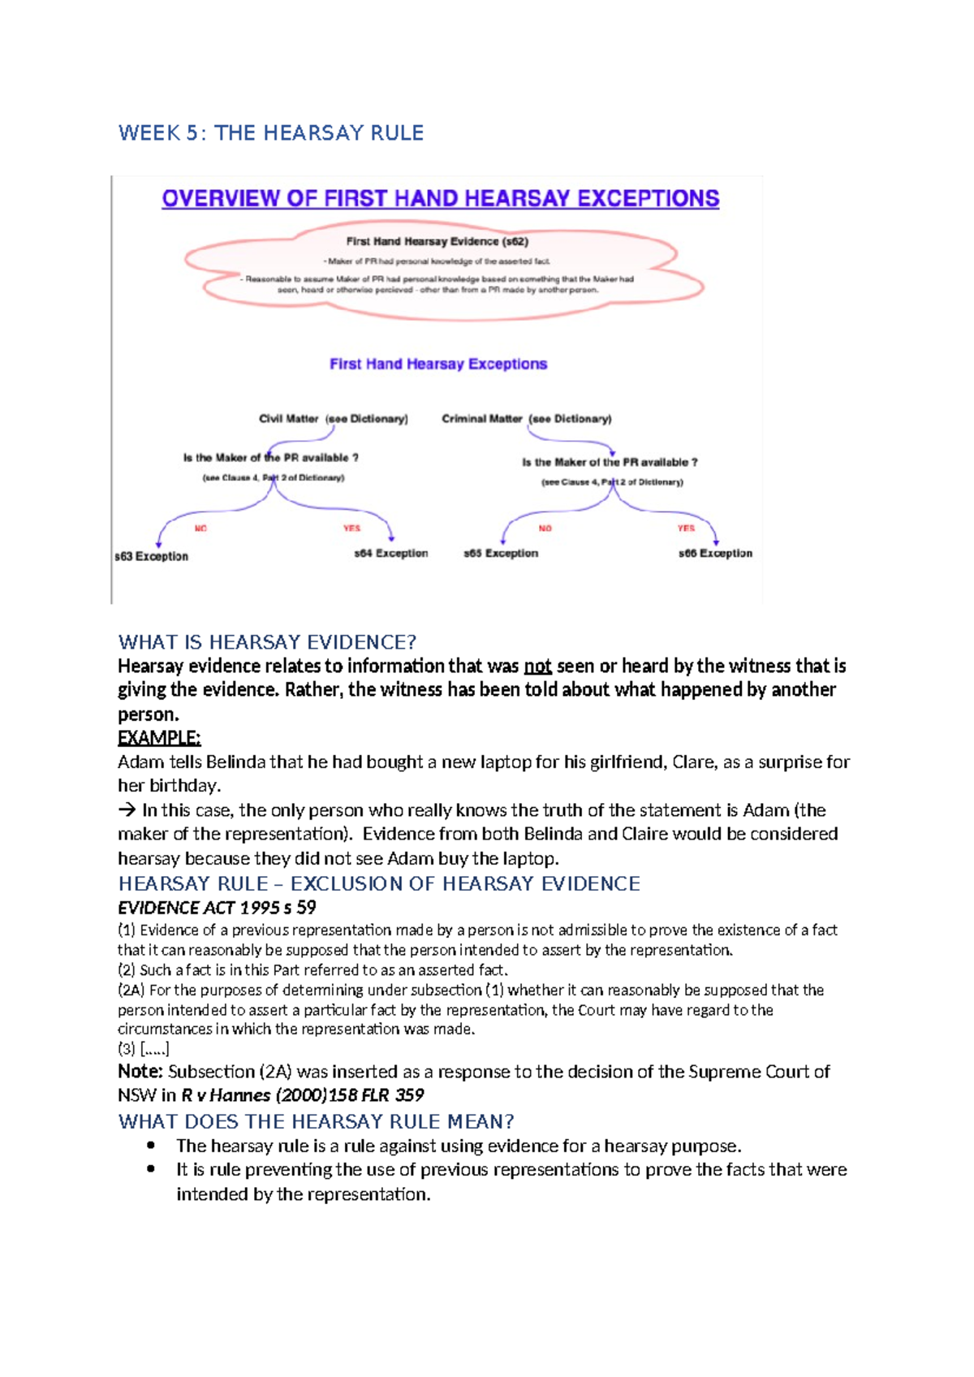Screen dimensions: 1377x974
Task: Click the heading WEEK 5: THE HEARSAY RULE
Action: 271,133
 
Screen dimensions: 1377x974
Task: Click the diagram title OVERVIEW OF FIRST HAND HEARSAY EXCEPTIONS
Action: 440,199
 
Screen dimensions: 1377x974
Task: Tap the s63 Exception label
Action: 152,557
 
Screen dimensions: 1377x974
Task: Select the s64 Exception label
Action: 390,554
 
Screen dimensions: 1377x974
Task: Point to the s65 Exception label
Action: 501,554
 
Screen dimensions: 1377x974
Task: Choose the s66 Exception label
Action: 715,554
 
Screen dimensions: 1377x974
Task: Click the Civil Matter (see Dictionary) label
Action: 333,419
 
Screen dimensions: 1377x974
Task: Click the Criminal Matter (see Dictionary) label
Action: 526,419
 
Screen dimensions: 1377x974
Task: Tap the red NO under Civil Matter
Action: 200,529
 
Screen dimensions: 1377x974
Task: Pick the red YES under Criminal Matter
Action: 686,529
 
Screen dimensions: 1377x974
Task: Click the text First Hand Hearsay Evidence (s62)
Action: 437,241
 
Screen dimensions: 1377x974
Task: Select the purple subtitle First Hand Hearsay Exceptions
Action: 438,364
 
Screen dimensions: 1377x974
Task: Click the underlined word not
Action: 537,667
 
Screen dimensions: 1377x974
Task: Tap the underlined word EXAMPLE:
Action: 159,738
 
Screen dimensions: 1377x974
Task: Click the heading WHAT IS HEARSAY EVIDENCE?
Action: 267,642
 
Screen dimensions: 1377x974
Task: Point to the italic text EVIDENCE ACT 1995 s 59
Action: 217,908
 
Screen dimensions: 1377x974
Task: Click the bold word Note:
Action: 140,1072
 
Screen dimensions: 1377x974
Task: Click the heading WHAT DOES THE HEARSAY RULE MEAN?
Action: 316,1122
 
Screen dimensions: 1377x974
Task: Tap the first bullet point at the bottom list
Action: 151,1146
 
